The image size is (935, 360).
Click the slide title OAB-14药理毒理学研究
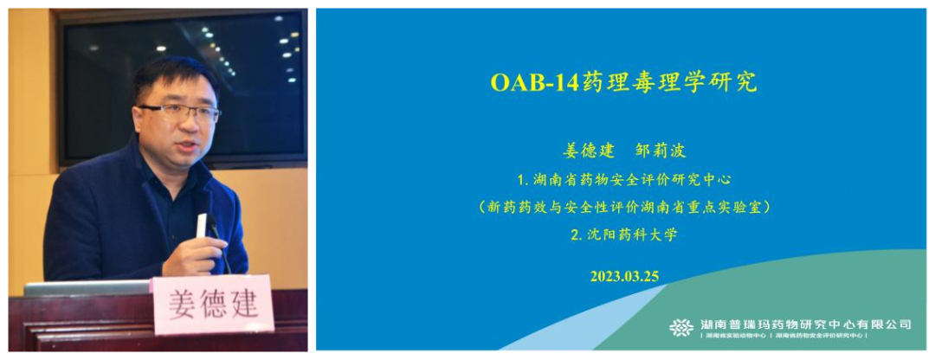(x=623, y=82)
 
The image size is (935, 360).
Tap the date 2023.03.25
(x=624, y=276)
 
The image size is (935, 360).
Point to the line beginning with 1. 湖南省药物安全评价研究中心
(x=624, y=180)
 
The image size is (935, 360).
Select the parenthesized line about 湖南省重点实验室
(x=624, y=207)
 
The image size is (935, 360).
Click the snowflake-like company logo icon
(x=681, y=326)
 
